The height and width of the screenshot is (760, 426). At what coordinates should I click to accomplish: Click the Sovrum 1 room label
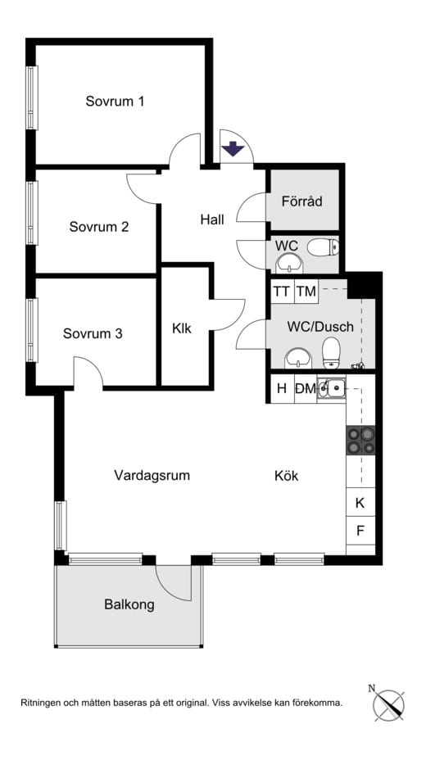[115, 102]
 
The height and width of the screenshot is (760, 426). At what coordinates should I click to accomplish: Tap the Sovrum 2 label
[98, 227]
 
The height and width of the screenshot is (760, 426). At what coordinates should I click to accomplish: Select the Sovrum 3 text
[93, 333]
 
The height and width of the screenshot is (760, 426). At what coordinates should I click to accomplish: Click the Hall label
[212, 219]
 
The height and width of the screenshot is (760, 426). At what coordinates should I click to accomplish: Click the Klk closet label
[182, 329]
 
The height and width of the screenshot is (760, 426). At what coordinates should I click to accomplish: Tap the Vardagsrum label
[152, 475]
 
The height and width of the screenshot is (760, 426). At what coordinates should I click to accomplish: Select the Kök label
[287, 475]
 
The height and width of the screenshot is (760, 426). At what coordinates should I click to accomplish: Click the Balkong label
[129, 605]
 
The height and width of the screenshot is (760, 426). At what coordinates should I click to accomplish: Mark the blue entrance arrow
[233, 149]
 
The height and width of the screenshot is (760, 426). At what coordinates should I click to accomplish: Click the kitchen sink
[332, 388]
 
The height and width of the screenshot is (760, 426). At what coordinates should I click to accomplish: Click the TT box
[282, 291]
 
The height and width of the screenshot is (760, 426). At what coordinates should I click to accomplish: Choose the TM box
[306, 291]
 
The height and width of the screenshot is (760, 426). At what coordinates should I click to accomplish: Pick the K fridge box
[360, 503]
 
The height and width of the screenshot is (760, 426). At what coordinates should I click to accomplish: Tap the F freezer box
[360, 531]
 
